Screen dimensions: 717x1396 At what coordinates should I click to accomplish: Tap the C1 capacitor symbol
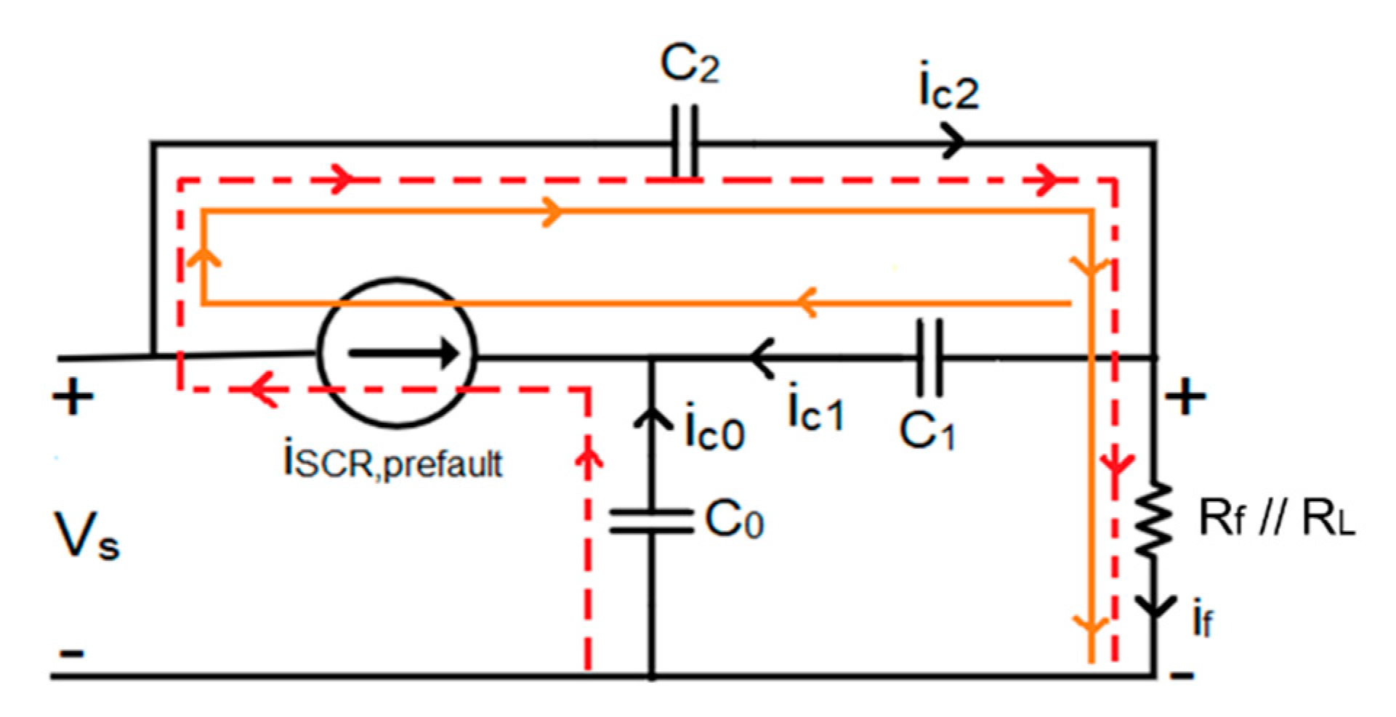[930, 357]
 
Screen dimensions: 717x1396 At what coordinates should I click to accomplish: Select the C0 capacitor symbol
[651, 522]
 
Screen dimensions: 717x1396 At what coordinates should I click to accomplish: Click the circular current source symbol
[397, 354]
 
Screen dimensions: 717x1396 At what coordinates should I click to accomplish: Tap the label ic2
[948, 91]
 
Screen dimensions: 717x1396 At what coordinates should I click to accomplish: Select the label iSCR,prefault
[392, 461]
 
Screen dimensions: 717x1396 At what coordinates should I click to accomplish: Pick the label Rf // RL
[1276, 519]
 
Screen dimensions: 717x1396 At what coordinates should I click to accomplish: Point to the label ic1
[815, 411]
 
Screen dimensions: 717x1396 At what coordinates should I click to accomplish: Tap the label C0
[734, 520]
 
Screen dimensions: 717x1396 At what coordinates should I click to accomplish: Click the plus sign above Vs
[73, 397]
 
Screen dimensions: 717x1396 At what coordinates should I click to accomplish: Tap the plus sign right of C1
[1185, 397]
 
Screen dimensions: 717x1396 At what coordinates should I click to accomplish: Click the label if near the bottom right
[1203, 621]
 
